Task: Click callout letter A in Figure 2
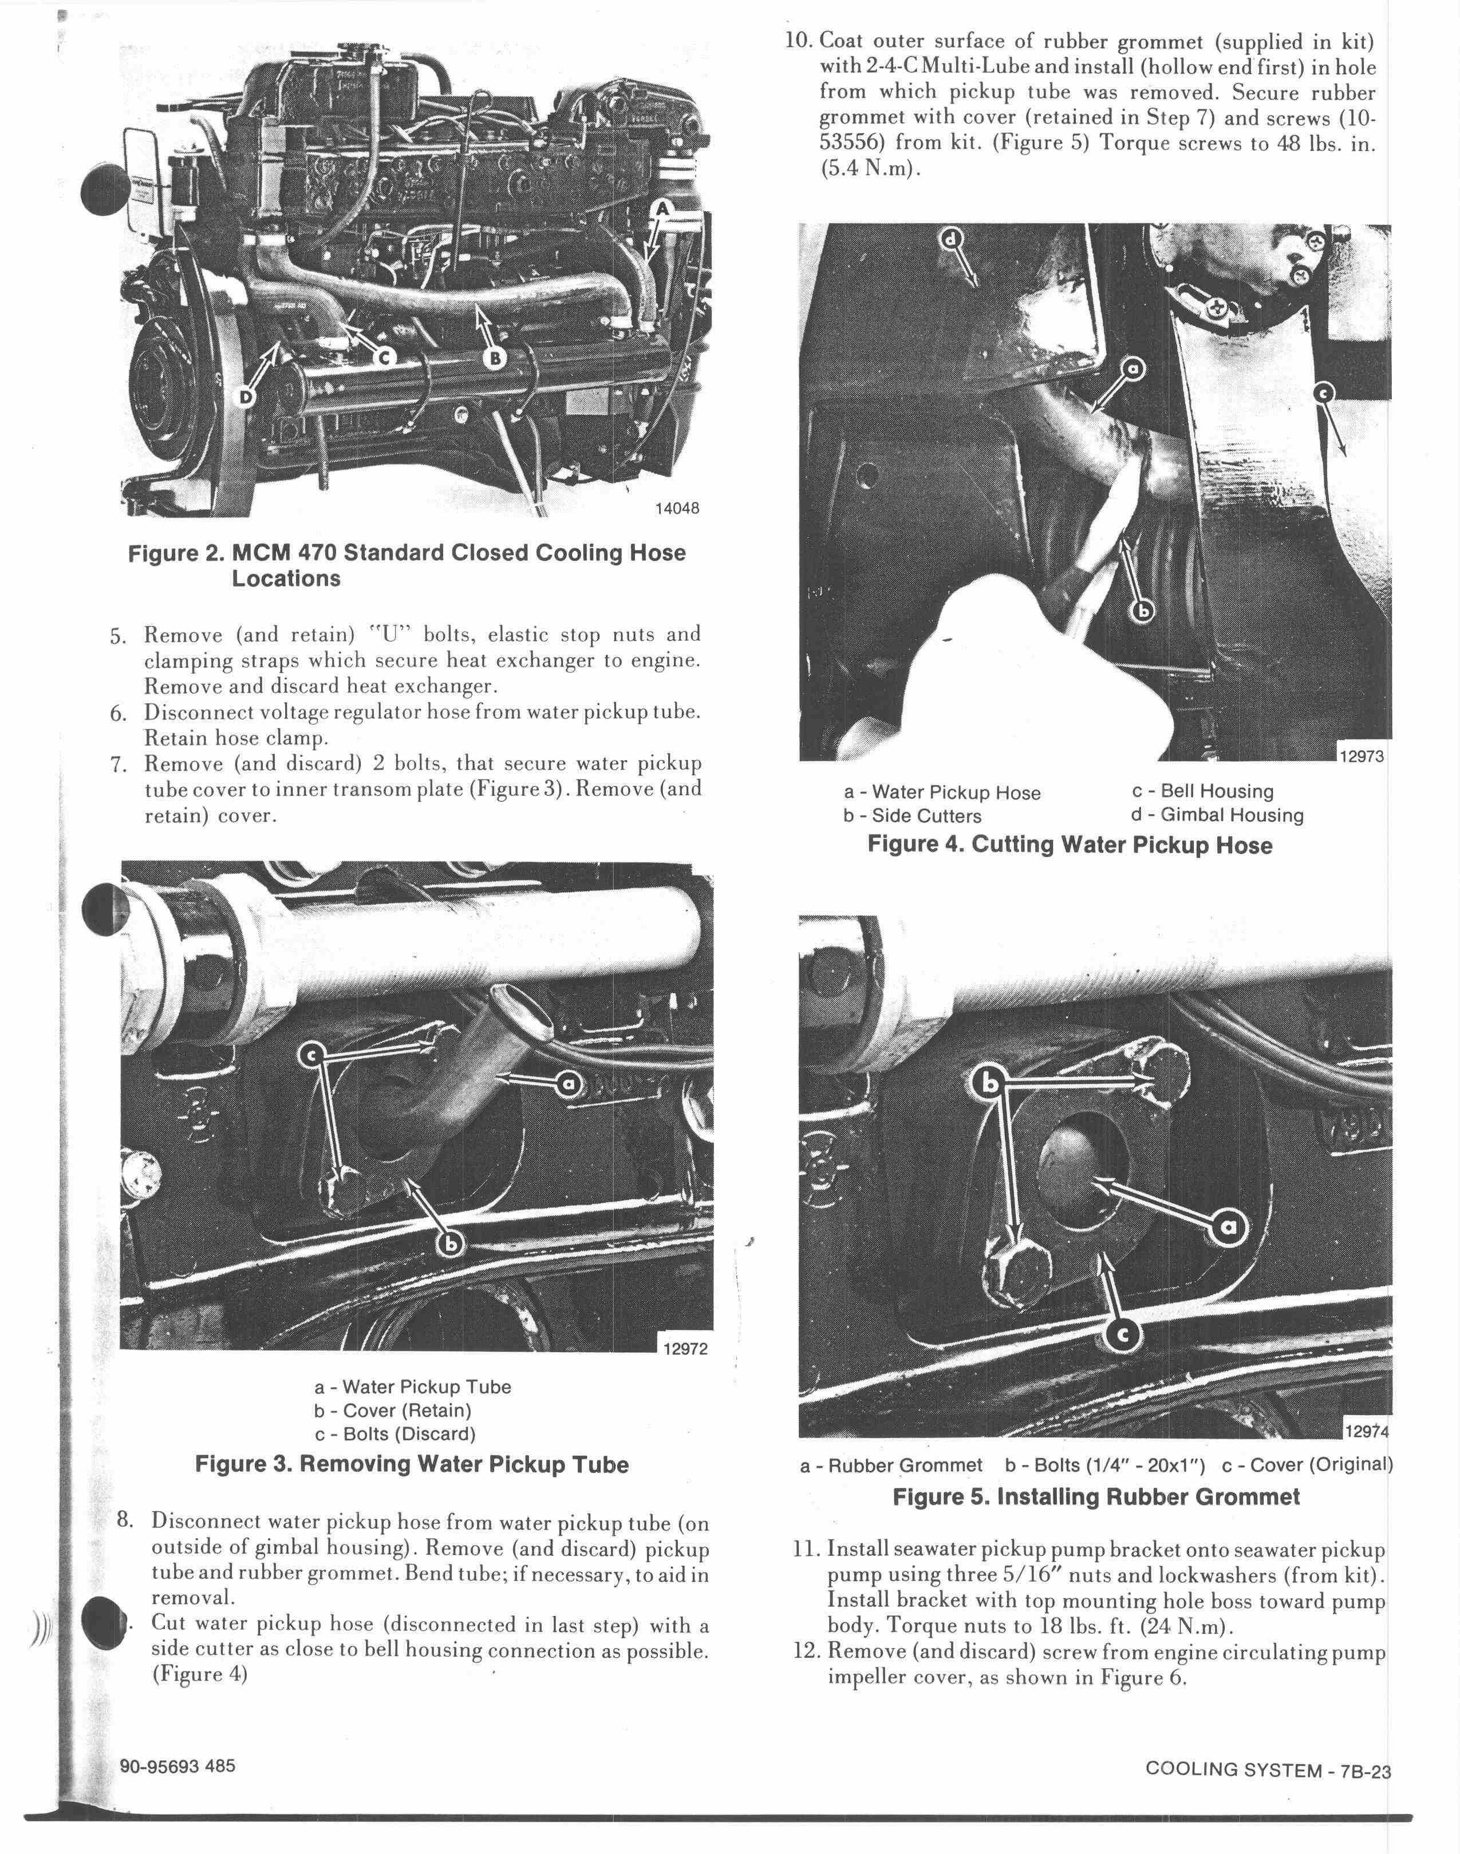coord(664,208)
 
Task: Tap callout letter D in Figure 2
coord(247,398)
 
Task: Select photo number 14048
coord(676,508)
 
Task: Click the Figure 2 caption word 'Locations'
coord(286,579)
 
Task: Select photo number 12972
coord(685,1349)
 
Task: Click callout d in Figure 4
coord(950,239)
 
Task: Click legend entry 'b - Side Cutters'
coord(912,816)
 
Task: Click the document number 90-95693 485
coord(178,1766)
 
